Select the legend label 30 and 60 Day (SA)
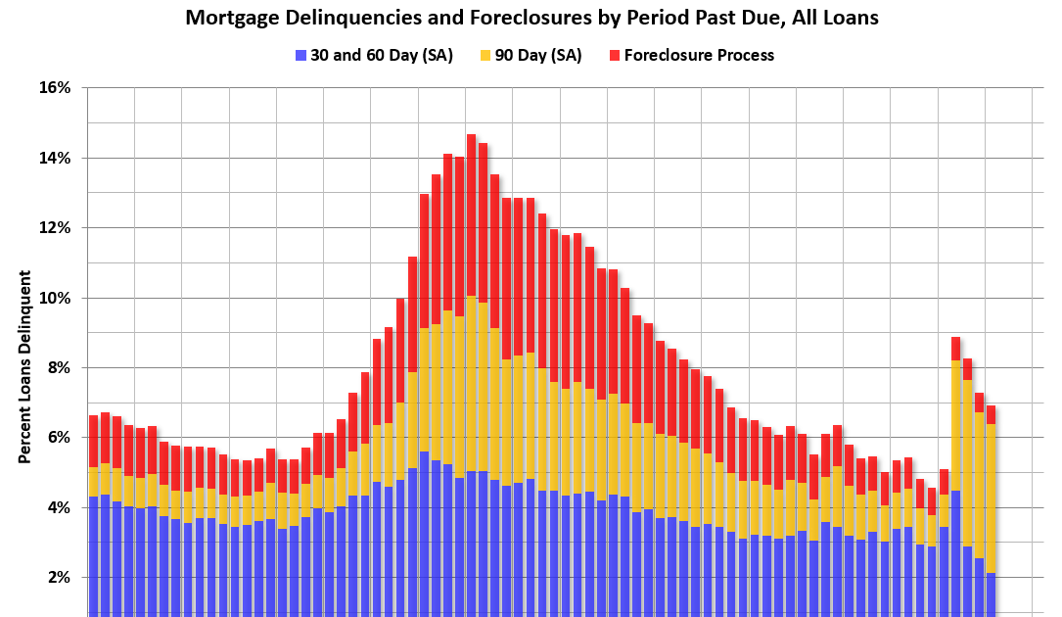(381, 55)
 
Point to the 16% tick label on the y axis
(55, 88)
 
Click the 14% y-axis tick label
(55, 158)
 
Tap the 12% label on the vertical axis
(55, 228)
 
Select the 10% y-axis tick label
(55, 298)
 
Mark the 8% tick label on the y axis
(59, 368)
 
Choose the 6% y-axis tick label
(59, 438)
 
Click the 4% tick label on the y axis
(59, 507)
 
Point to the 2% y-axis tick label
(59, 578)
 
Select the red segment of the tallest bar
(471, 215)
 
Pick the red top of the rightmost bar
(991, 414)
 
